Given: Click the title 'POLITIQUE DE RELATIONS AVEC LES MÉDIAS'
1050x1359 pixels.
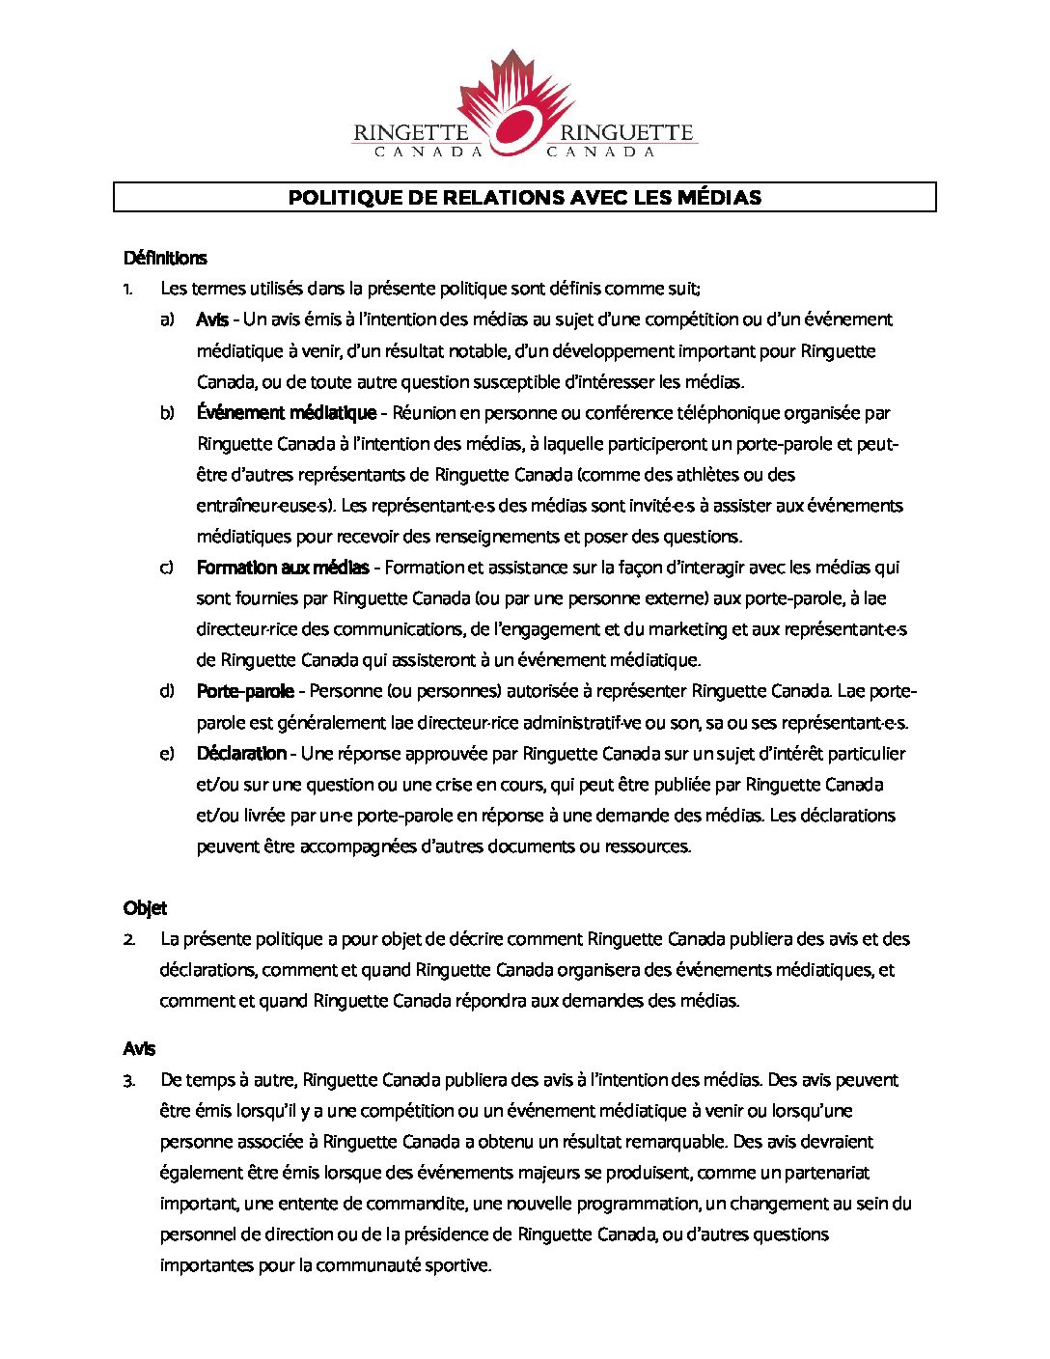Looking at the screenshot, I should tap(525, 198).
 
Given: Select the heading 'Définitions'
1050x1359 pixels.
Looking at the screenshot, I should tap(165, 258).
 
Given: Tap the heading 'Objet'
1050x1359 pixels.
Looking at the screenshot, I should tap(145, 908).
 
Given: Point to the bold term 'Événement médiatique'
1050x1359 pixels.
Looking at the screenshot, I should tap(287, 413).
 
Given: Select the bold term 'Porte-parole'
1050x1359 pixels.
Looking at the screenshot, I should tap(245, 691).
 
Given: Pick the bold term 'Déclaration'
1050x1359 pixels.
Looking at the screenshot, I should tap(241, 753).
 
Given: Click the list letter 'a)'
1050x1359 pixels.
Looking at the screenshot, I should tap(168, 319).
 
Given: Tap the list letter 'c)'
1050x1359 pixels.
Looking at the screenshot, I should tap(167, 568).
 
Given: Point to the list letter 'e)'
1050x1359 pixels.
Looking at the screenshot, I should tap(168, 753).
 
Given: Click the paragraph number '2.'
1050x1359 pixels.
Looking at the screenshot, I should tap(129, 939).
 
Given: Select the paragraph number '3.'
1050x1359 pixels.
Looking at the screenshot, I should tap(129, 1080).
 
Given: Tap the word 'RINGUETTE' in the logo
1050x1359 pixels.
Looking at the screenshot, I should tap(626, 133).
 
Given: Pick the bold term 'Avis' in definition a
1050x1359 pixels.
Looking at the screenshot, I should tap(212, 319).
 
